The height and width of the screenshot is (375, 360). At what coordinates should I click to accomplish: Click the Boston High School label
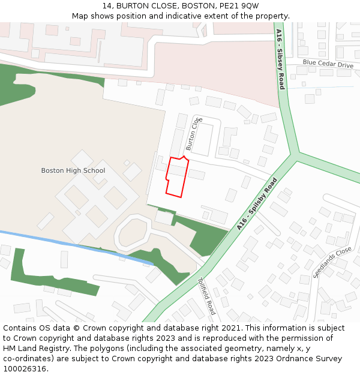73,170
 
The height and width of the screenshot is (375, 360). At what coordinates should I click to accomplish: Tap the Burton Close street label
194,134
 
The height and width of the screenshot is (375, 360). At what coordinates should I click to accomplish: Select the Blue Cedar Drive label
328,64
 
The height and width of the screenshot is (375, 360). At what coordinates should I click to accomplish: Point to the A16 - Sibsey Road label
280,60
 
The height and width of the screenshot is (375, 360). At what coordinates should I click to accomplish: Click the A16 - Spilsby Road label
257,204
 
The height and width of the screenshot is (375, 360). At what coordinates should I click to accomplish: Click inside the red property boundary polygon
176,178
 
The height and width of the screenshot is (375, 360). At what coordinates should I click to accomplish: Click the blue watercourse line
72,243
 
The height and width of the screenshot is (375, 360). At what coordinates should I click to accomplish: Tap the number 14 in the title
107,5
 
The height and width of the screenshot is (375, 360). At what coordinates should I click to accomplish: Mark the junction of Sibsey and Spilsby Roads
295,155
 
